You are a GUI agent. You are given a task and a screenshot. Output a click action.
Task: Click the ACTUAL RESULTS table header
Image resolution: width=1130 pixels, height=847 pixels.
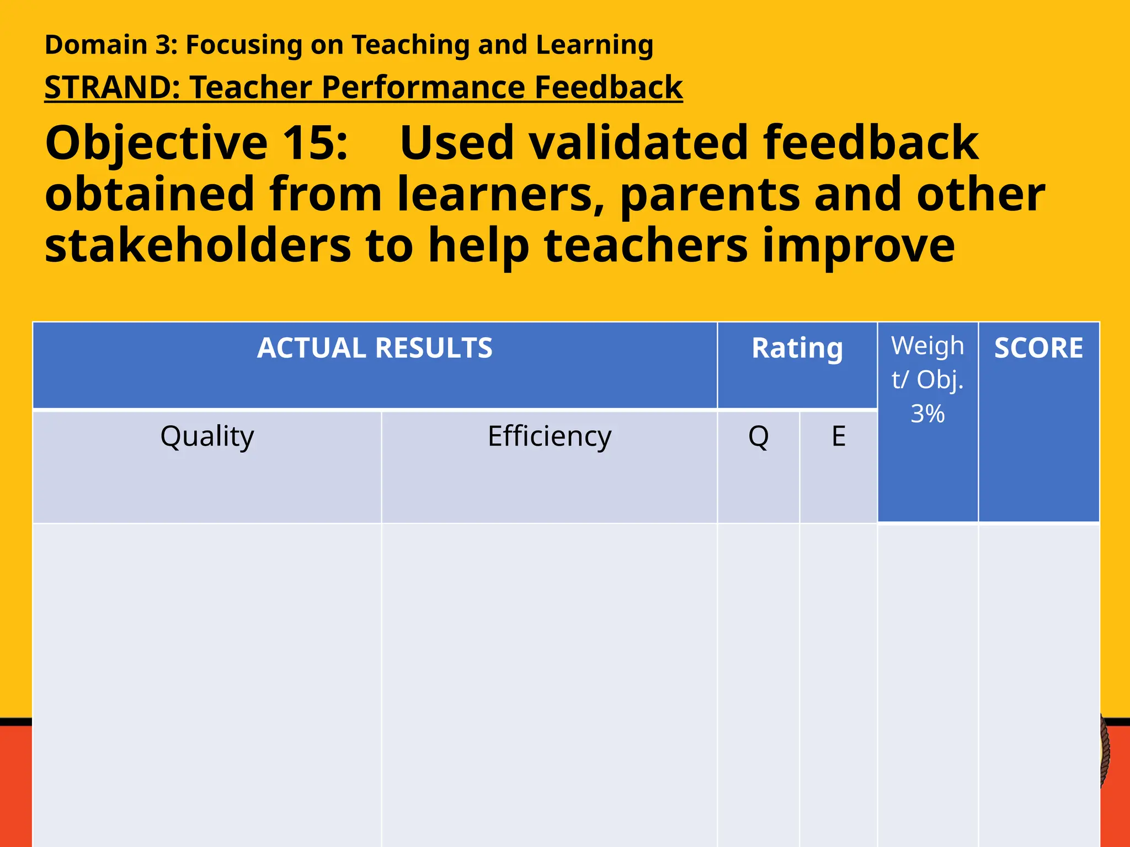375,349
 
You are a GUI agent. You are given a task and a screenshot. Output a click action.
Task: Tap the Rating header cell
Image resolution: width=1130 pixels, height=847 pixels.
797,349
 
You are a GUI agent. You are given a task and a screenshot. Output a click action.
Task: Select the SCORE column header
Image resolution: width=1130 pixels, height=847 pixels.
1038,349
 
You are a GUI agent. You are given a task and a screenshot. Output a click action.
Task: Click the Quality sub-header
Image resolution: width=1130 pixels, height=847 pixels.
207,437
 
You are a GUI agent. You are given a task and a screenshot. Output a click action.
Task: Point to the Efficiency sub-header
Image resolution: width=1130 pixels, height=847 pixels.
550,437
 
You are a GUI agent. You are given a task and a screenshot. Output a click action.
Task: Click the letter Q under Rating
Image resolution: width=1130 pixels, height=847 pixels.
758,437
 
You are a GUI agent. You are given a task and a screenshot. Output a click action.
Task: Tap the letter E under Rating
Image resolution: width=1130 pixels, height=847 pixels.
839,437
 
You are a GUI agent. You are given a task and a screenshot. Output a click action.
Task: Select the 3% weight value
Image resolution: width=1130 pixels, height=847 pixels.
928,414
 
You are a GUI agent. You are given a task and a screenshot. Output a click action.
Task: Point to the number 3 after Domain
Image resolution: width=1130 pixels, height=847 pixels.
163,45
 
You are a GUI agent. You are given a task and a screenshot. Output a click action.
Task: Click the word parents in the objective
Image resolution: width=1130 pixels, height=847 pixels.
710,194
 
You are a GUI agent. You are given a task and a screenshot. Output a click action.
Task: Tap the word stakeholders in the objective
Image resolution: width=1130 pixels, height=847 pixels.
198,245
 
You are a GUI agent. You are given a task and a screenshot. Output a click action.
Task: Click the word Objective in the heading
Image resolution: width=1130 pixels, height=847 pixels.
157,144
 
